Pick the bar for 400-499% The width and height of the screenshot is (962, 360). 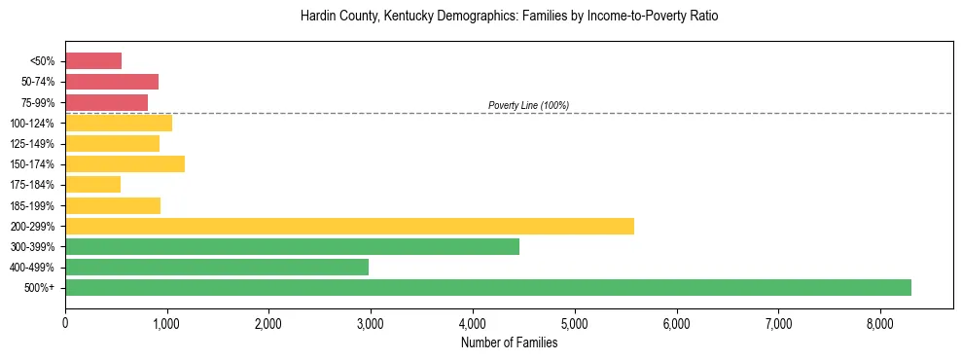tap(217, 267)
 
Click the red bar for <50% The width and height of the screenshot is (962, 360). tap(93, 61)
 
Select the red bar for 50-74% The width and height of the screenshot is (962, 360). tap(112, 82)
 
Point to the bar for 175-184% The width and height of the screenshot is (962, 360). tap(92, 184)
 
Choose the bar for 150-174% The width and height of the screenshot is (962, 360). tap(125, 163)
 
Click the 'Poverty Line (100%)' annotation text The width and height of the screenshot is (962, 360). tap(528, 105)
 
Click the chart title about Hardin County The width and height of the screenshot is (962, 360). tap(510, 18)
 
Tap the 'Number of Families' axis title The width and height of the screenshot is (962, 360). tap(510, 342)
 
